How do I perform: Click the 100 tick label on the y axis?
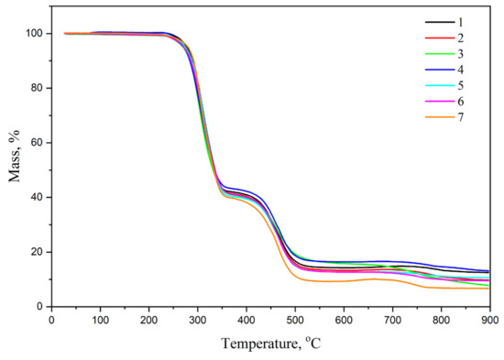pyautogui.click(x=35, y=34)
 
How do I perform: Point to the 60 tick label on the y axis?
pyautogui.click(x=38, y=143)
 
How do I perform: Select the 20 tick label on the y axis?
pyautogui.click(x=38, y=252)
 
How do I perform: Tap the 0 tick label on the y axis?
pyautogui.click(x=40, y=306)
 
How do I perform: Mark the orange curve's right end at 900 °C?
pyautogui.click(x=489, y=289)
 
